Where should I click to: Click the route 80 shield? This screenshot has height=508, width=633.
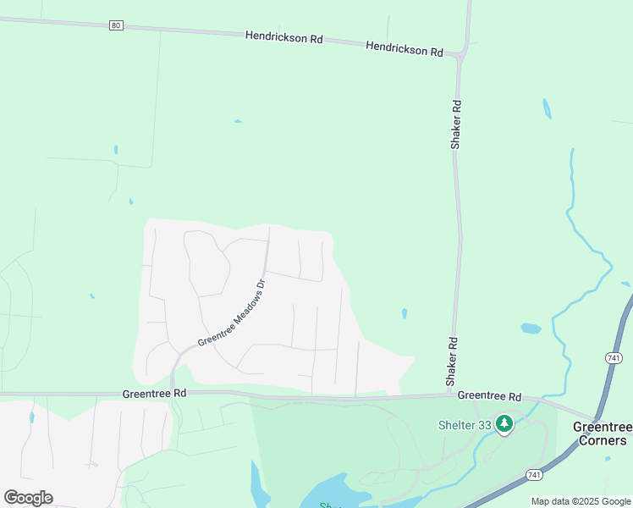(x=116, y=25)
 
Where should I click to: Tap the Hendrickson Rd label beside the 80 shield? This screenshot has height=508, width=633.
(x=284, y=38)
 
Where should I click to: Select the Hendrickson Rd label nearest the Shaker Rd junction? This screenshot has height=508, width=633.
(x=405, y=49)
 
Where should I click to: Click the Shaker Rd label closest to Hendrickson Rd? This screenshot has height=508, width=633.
(x=455, y=125)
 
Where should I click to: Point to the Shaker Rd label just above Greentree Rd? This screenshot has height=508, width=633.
(x=453, y=362)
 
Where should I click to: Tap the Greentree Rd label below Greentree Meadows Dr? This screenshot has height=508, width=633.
(x=154, y=394)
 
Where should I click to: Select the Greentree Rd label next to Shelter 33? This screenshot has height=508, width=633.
(x=490, y=395)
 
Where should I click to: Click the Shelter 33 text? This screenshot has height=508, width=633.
(x=465, y=425)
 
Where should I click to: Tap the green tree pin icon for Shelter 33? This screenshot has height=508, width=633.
(x=504, y=422)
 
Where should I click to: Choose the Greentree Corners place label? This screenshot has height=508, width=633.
(x=600, y=433)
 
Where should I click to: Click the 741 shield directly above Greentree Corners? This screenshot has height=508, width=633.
(x=614, y=358)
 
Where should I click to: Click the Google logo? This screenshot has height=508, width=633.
(x=29, y=498)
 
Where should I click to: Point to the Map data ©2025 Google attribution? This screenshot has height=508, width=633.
(x=581, y=501)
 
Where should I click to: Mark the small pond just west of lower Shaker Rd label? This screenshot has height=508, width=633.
(x=405, y=313)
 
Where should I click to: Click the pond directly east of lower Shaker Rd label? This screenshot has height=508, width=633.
(x=531, y=329)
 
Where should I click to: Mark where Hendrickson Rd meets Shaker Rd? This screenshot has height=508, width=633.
(x=460, y=56)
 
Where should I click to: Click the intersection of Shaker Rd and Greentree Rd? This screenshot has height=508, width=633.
(x=450, y=395)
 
